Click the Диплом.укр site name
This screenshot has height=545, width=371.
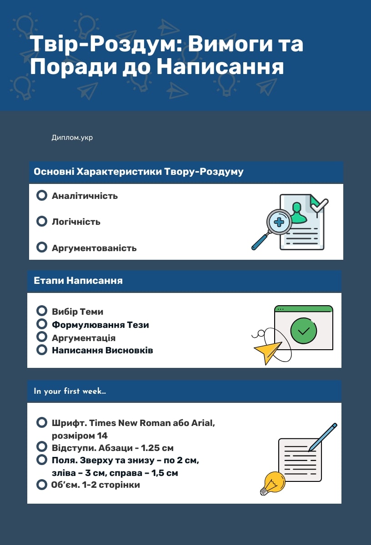click(72, 138)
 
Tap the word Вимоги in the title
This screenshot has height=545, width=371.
click(230, 44)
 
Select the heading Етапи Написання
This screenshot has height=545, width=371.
click(78, 281)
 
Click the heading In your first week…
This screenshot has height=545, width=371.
click(70, 391)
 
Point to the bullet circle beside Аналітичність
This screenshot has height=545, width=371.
click(42, 195)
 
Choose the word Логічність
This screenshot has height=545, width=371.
click(76, 222)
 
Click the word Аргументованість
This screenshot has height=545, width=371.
click(94, 248)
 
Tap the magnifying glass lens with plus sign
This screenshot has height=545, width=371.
click(279, 222)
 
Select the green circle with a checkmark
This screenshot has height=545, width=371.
click(304, 331)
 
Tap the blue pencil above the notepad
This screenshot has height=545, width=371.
click(323, 437)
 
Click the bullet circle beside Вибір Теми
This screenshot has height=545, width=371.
click(42, 311)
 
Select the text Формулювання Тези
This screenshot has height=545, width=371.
click(100, 325)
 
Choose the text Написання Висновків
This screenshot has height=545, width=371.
click(102, 350)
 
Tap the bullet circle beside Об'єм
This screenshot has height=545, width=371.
click(42, 485)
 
